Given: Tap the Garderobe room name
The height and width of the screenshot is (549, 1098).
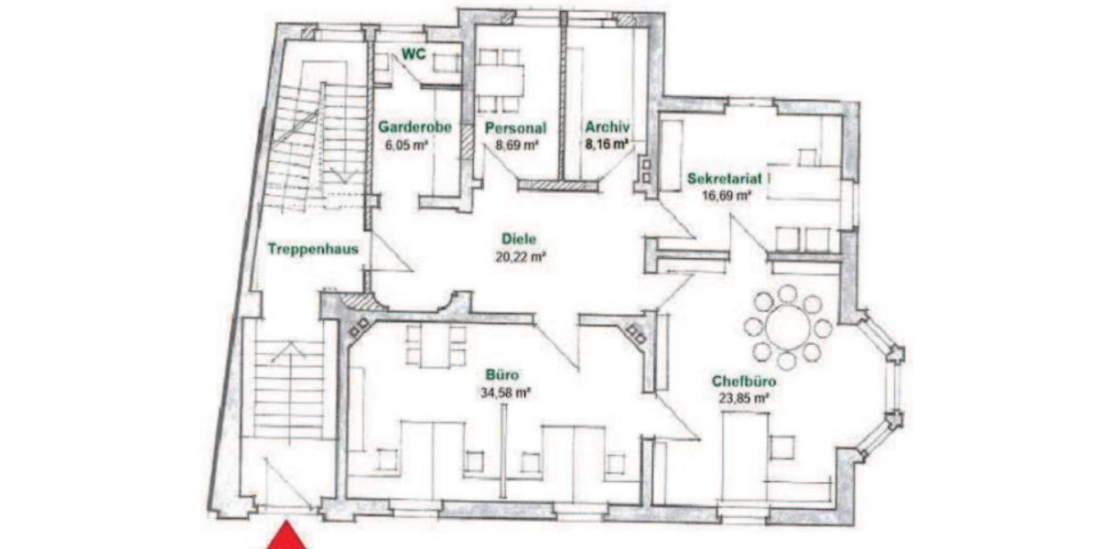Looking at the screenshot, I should tap(414, 128).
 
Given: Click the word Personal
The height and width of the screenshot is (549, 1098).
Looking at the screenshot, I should tap(515, 128).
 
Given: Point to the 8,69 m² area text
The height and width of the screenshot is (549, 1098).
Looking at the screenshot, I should tap(516, 145).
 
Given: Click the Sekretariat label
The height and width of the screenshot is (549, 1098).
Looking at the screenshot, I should tap(724, 178).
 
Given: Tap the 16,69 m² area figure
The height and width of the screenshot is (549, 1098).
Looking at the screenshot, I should tap(727, 195).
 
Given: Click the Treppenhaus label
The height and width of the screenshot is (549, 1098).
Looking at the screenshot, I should tap(312, 248).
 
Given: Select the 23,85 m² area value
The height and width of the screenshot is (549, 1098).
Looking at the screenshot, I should tap(741, 398).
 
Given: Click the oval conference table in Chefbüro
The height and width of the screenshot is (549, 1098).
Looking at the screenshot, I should tap(787, 326).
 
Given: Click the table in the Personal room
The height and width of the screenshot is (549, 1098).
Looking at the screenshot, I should tap(500, 77).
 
